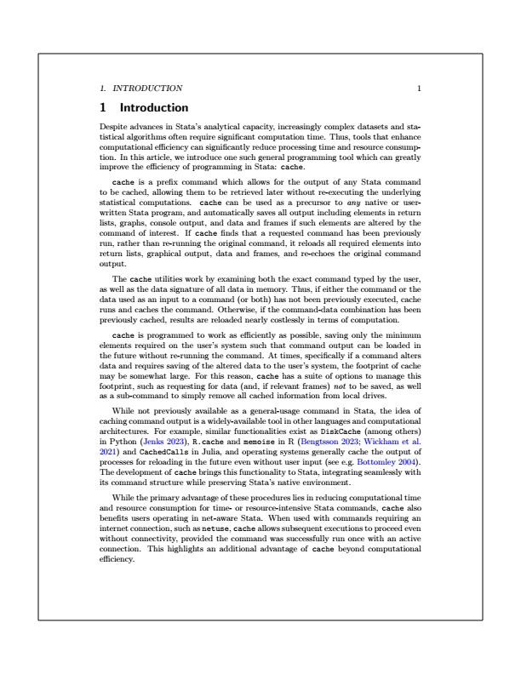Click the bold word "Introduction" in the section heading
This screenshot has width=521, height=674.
click(154, 108)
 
